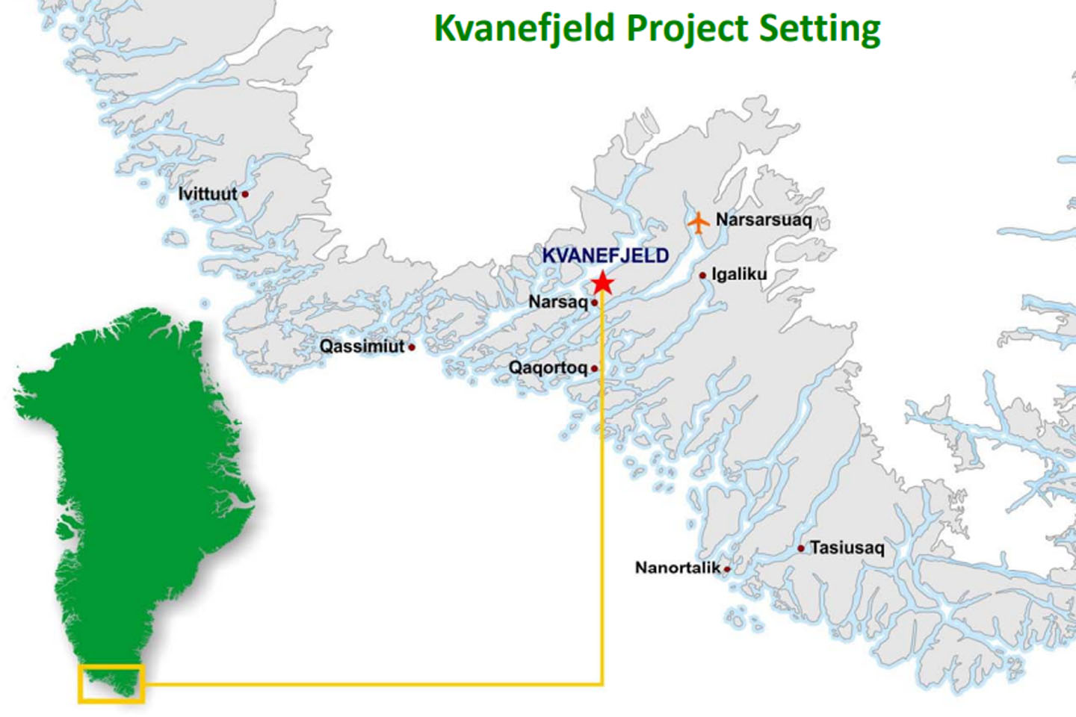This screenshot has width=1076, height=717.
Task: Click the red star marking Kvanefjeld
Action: tap(602, 283)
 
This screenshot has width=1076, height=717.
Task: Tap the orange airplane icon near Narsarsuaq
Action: tap(698, 222)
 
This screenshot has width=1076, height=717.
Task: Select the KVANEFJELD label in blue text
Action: tap(605, 255)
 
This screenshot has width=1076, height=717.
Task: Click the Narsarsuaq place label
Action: tap(763, 220)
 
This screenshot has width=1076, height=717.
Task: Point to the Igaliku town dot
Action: tap(702, 276)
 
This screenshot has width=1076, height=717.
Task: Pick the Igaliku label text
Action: tap(739, 274)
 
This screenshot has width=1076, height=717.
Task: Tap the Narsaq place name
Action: tap(557, 302)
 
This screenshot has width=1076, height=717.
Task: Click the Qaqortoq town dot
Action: tap(594, 368)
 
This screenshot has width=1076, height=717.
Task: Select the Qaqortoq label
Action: tap(548, 367)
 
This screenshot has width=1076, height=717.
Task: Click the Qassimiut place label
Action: tap(362, 347)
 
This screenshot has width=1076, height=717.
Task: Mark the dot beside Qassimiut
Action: tap(411, 347)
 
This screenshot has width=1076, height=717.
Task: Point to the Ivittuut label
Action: tap(207, 193)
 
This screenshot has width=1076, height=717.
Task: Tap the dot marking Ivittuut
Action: tap(244, 194)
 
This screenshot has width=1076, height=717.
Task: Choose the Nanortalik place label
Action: tap(678, 568)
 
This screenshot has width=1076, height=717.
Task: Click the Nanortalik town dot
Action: tap(726, 569)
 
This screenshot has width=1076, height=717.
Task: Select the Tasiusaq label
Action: tap(847, 547)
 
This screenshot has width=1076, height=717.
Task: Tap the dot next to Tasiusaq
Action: tap(801, 548)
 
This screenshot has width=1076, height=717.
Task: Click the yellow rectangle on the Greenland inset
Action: tap(111, 666)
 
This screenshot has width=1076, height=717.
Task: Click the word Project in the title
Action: tap(687, 28)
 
